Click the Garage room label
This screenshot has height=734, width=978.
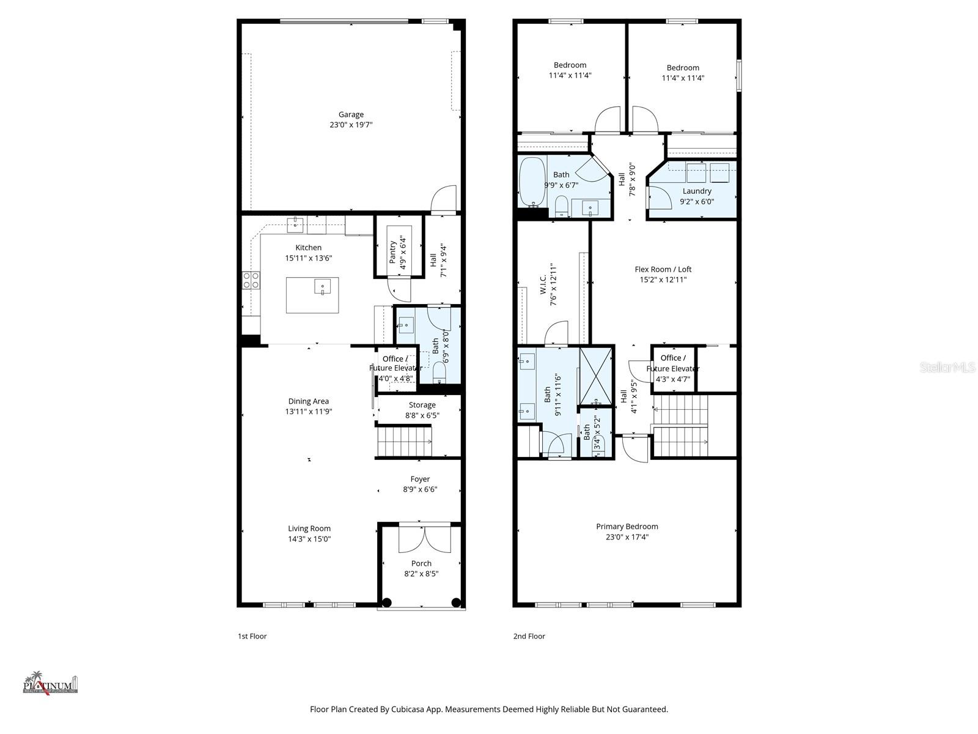(x=351, y=114)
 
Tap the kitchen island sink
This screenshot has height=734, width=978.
(x=322, y=286)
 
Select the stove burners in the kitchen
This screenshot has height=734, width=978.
(x=251, y=280)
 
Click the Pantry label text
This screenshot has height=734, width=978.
(x=392, y=252)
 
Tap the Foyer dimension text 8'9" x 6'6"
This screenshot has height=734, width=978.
(x=420, y=489)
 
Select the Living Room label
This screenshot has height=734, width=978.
(x=309, y=528)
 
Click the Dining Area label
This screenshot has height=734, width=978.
(x=308, y=401)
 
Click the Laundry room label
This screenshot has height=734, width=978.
(x=697, y=191)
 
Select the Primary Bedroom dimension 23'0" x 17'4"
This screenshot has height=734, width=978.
(x=627, y=537)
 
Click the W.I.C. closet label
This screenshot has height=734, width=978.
(x=543, y=287)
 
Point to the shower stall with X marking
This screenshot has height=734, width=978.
(x=595, y=375)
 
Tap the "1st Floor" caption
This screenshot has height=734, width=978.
(x=252, y=636)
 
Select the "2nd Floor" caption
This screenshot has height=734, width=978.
(x=529, y=636)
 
